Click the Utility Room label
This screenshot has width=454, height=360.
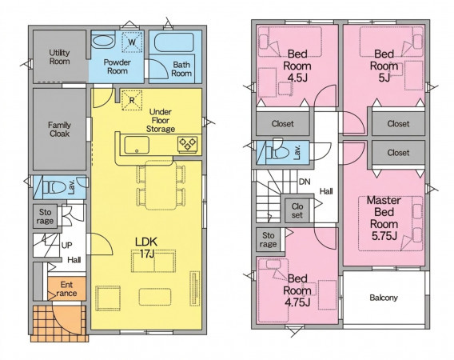tap(59, 57)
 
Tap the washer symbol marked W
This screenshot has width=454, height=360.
tap(132, 42)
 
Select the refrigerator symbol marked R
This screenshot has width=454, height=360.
tap(132, 100)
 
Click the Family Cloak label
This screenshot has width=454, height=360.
tap(59, 130)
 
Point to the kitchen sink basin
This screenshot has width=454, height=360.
tap(137, 145)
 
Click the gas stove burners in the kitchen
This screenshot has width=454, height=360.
tap(188, 144)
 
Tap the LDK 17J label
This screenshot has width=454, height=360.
tap(146, 247)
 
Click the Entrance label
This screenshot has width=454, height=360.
tap(66, 289)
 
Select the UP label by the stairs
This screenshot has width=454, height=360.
tap(67, 246)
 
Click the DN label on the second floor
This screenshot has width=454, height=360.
tap(305, 182)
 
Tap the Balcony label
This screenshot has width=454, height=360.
tap(384, 298)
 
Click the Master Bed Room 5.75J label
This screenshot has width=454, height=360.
tap(384, 218)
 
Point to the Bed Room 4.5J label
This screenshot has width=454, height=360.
tap(297, 66)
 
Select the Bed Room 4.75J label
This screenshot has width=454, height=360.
tap(297, 290)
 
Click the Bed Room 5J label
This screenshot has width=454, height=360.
tap(384, 66)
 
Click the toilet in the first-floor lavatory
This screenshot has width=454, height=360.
tap(54, 187)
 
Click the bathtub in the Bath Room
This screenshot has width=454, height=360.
tap(173, 43)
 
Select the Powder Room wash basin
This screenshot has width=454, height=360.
tap(104, 41)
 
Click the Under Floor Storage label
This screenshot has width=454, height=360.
tap(161, 120)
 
